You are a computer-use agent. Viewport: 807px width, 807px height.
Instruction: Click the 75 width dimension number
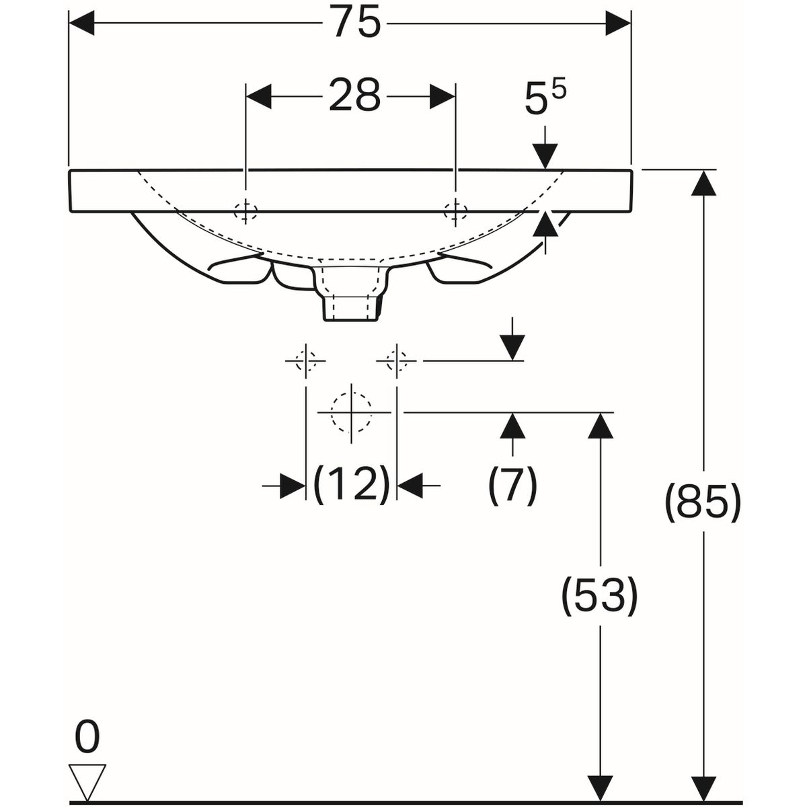357,22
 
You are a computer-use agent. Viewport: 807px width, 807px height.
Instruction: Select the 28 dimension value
354,95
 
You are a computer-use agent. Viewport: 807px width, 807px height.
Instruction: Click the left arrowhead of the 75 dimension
81,24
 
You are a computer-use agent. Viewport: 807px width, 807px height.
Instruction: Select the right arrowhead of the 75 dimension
618,24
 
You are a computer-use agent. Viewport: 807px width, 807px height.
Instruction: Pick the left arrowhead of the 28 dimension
259,97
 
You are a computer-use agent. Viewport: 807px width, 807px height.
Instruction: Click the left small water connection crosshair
306,360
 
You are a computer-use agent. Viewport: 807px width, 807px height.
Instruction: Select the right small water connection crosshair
397,360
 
